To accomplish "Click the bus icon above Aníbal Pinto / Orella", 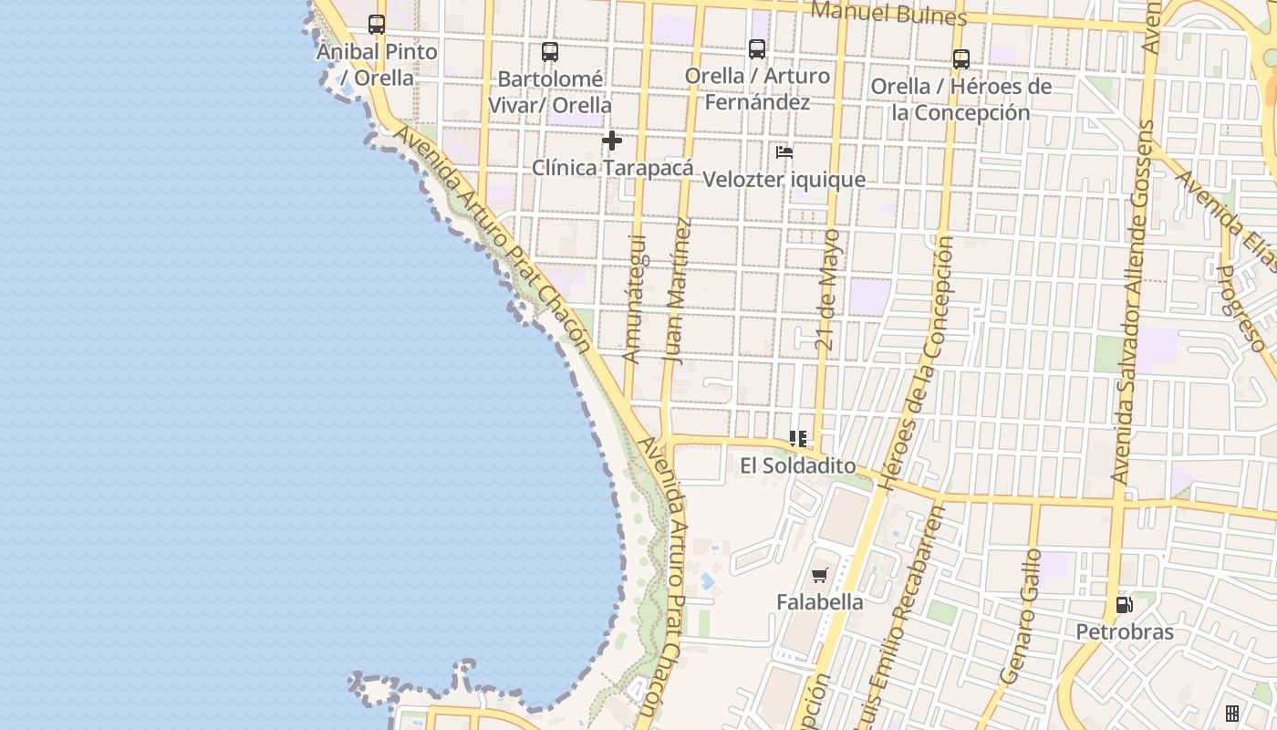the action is click(376, 25).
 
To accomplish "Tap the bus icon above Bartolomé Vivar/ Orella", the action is click(549, 52).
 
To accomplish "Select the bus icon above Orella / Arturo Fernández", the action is click(756, 49).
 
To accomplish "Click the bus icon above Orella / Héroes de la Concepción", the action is click(960, 59).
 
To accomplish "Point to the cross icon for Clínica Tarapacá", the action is click(612, 141).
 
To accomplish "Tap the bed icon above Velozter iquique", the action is click(784, 152).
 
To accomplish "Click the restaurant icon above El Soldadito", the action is click(798, 439).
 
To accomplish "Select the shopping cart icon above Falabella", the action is click(819, 575).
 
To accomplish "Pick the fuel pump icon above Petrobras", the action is click(1124, 604).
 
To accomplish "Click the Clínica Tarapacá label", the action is click(612, 168).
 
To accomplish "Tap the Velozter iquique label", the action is click(784, 179).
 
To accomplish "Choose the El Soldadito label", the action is click(798, 466).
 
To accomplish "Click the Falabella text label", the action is click(819, 602).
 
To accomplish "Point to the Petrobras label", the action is click(1124, 631).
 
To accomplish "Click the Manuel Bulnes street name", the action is click(888, 14).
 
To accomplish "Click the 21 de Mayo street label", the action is click(826, 290).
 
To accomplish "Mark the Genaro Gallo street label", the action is click(1021, 617).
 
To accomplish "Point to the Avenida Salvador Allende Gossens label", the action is click(1133, 301).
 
